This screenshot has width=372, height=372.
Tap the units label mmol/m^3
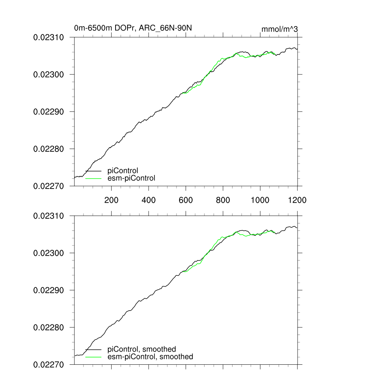point(279,29)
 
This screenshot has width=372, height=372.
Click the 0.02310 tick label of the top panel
point(49,37)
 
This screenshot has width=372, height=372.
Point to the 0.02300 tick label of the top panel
point(49,74)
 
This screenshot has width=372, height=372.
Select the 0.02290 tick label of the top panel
point(49,112)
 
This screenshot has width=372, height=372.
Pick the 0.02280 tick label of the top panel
point(49,149)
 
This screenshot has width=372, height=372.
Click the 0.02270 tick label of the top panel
point(49,186)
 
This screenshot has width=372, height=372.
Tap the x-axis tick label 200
point(111,200)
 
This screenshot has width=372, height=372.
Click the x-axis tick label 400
point(149,200)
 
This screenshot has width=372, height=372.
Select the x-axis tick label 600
point(186,200)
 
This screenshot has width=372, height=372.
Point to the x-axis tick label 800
point(223,200)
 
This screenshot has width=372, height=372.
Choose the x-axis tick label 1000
point(260,200)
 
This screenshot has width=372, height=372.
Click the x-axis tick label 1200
point(297,200)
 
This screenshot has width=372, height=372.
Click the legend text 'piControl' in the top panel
point(123,171)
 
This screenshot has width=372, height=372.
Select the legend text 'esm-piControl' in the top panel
point(132,178)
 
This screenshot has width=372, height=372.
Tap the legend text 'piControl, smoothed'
point(142,349)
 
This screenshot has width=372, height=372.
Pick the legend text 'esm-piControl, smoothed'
point(150,357)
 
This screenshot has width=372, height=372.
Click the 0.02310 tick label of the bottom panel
point(49,216)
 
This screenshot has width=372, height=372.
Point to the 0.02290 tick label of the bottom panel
point(49,290)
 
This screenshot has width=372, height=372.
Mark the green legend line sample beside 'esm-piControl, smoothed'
point(93,357)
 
